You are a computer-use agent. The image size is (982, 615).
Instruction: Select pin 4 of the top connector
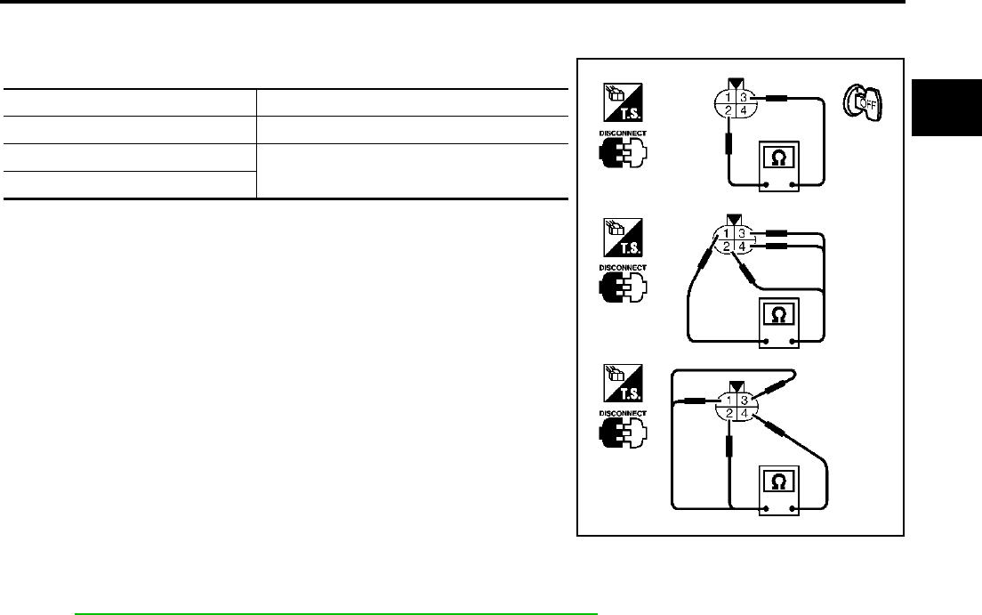[745, 109]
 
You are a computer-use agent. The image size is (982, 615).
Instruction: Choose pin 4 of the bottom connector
[745, 413]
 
